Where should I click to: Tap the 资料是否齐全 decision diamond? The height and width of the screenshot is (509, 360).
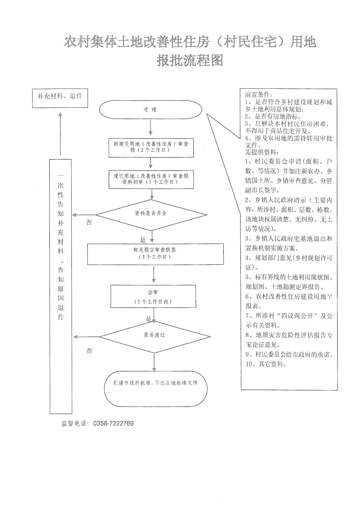click(151, 214)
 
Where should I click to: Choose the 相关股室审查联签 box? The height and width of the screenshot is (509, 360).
click(155, 253)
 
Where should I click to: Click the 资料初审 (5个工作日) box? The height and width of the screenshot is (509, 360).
click(151, 179)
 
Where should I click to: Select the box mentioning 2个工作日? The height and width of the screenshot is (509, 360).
click(151, 147)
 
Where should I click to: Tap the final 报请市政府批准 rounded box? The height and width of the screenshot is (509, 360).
click(156, 388)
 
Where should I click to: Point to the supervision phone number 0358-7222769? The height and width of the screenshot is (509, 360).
click(113, 424)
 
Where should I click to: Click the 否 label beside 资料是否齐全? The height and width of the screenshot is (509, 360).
click(89, 223)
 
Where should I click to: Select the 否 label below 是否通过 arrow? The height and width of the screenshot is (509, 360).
click(90, 351)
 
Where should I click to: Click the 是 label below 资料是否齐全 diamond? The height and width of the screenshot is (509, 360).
click(143, 240)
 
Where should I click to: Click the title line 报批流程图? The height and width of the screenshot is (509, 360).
click(190, 61)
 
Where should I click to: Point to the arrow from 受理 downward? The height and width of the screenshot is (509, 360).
click(151, 128)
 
